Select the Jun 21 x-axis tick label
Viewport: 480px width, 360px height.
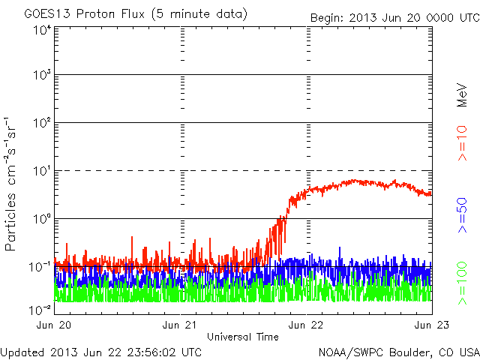[181, 325]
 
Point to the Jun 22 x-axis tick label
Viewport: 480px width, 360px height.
[307, 325]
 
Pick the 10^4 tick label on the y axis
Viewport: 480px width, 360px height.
[40, 29]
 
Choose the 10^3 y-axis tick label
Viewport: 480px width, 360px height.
[40, 76]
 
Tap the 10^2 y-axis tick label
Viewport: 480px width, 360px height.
[40, 123]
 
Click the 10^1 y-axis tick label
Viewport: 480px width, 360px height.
[40, 171]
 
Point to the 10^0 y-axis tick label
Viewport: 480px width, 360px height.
[40, 219]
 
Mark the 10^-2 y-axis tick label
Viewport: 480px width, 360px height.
[39, 307]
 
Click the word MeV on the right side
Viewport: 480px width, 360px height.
[463, 95]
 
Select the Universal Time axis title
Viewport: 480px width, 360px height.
[243, 337]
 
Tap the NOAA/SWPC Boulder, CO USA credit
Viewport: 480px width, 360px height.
[398, 352]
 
